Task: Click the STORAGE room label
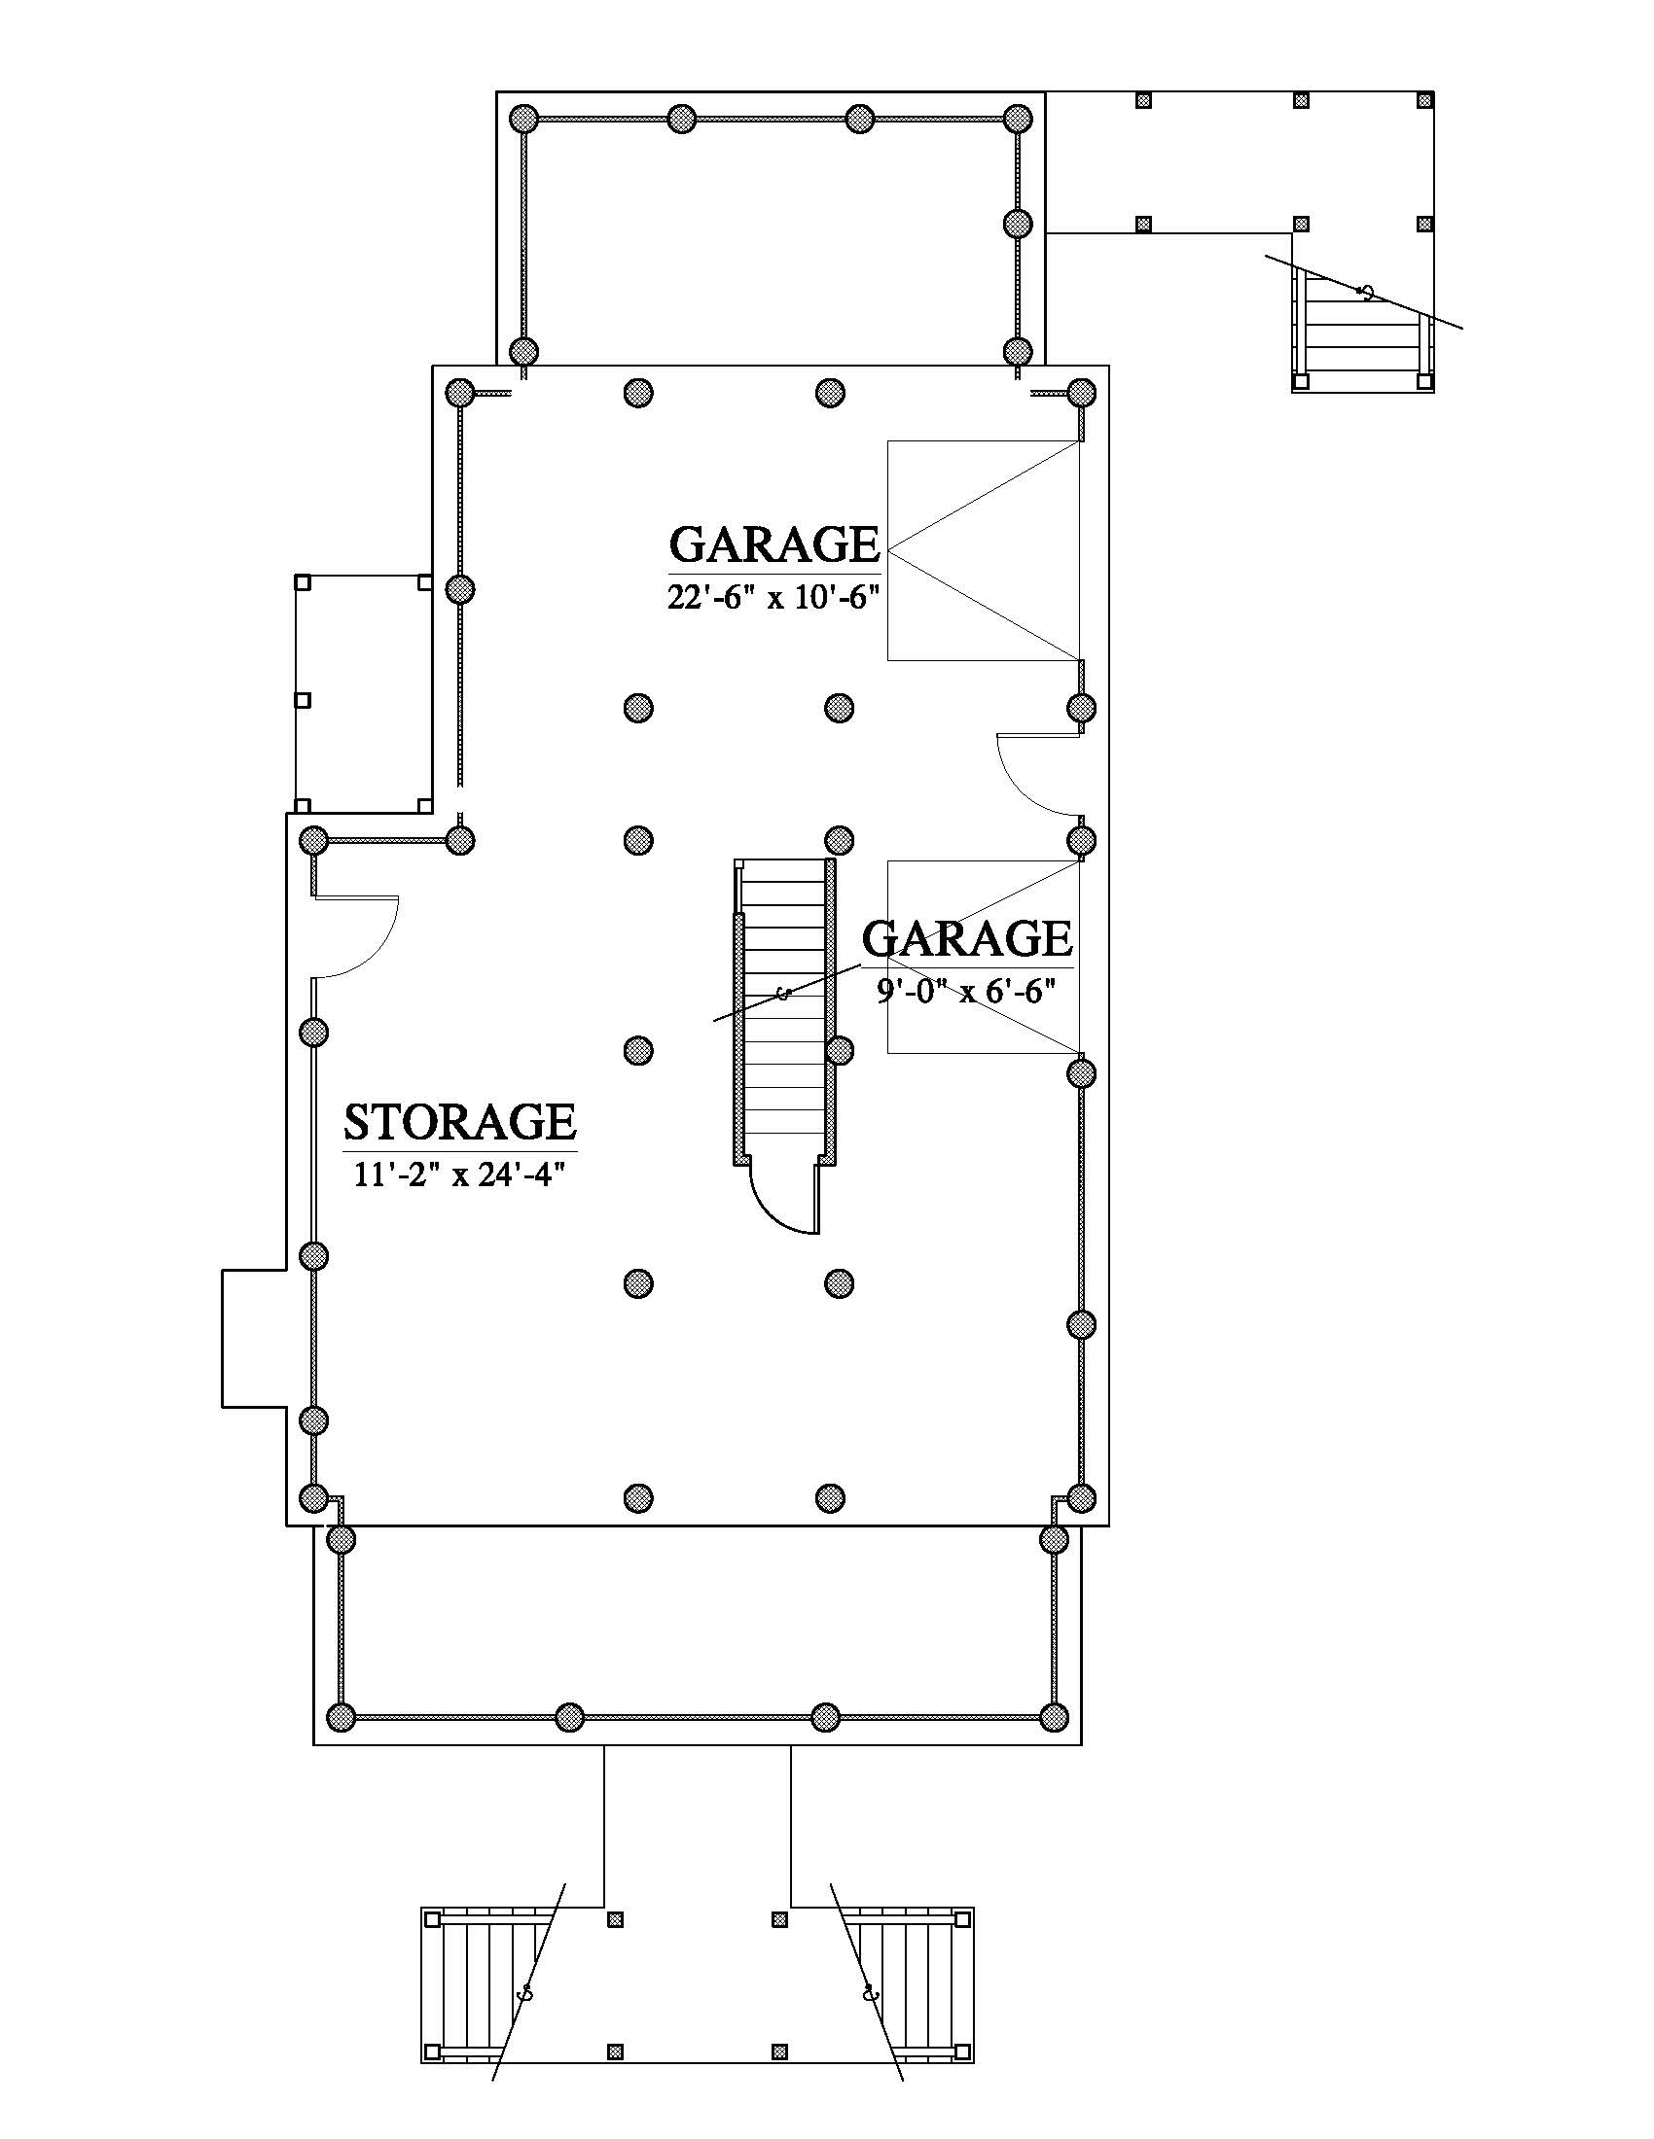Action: tap(459, 1122)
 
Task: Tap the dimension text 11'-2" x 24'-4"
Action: tap(458, 1174)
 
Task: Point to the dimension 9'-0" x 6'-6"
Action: tap(965, 992)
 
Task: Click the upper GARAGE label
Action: tap(774, 544)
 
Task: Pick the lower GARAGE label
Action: tap(967, 938)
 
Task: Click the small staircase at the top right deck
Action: tap(1363, 328)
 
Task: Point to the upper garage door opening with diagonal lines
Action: tap(984, 550)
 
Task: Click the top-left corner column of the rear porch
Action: tap(525, 119)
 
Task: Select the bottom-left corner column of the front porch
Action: tap(340, 1717)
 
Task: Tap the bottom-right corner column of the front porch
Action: tap(1054, 1717)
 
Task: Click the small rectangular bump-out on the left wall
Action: tap(255, 1339)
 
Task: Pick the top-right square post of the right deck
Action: tap(1424, 100)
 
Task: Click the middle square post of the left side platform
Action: tap(303, 700)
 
